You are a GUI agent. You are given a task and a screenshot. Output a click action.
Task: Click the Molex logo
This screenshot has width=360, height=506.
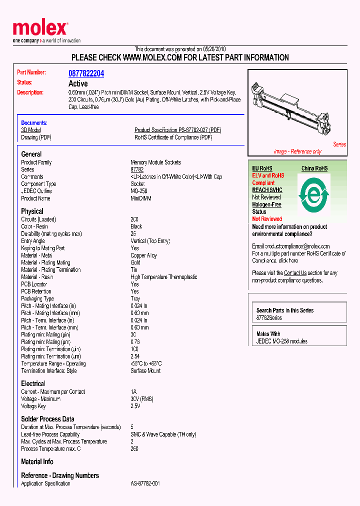[40, 29]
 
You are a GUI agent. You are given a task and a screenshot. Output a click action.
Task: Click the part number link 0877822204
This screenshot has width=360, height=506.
[86, 73]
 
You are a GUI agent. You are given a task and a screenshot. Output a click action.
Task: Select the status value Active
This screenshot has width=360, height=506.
[78, 83]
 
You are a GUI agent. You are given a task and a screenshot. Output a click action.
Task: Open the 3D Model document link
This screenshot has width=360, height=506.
[30, 130]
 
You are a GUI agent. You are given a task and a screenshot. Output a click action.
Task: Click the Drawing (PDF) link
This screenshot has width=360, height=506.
[36, 137]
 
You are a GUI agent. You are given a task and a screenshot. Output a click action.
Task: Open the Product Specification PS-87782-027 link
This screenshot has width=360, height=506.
[177, 130]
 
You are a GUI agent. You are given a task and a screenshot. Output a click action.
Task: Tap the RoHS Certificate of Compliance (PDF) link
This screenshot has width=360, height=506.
[173, 137]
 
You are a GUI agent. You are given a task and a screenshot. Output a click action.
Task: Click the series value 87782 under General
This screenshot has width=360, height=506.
[137, 169]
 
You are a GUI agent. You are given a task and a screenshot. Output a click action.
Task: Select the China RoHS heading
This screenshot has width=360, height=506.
[314, 168]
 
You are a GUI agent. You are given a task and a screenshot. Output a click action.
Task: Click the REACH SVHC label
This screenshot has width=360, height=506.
[267, 190]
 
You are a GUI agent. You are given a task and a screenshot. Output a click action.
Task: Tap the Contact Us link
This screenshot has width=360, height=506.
[295, 273]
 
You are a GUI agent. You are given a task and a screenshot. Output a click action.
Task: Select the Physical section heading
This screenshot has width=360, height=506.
[32, 211]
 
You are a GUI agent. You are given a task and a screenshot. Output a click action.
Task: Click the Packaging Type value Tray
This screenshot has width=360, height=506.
[135, 298]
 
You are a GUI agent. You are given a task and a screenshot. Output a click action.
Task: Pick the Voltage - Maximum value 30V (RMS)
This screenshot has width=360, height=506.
[142, 399]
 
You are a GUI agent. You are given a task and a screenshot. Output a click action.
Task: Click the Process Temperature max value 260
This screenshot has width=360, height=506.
[135, 448]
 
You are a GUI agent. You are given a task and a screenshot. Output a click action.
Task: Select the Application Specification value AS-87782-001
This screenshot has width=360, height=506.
[145, 484]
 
